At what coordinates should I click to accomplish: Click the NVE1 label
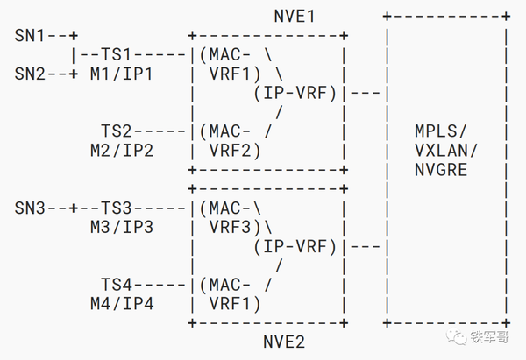tap(295, 16)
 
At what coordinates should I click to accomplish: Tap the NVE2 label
tap(284, 342)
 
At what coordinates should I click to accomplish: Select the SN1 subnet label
tap(29, 36)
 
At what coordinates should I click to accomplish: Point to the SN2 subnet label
tap(29, 74)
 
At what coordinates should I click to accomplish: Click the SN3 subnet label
tap(29, 208)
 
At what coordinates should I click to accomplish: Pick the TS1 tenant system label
tap(116, 54)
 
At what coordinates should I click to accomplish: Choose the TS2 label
tap(116, 131)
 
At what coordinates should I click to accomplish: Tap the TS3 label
tap(116, 208)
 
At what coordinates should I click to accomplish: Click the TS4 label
tap(116, 285)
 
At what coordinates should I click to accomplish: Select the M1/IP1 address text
tap(122, 74)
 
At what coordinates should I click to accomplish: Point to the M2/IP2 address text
tap(122, 151)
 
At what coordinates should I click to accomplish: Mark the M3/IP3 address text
tap(122, 227)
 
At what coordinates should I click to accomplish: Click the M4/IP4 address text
tap(122, 304)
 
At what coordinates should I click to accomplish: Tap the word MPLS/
tap(440, 131)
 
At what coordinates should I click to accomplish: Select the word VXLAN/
tap(446, 151)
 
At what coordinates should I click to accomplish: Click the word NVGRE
tap(441, 170)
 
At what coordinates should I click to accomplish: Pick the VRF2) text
tap(235, 151)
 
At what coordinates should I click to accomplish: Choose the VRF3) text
tap(235, 227)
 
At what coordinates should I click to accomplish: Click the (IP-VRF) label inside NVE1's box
tap(295, 93)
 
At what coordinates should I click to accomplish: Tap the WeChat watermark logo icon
tap(456, 337)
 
